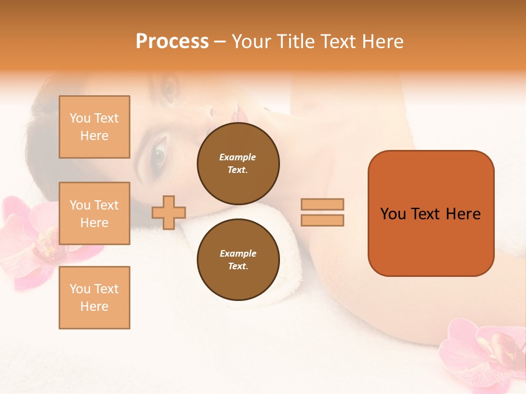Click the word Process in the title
pos(172,42)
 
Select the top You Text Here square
pos(94,127)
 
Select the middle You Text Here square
pos(94,213)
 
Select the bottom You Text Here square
pos(94,298)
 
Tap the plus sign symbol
pos(169,212)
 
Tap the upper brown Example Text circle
pos(238,164)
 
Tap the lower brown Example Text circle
pos(238,260)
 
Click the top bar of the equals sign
pos(323,204)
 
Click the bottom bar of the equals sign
pos(323,220)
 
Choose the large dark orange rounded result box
pos(431,213)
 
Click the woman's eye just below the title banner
pos(169,89)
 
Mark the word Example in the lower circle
pos(238,253)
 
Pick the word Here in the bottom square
pos(94,306)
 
